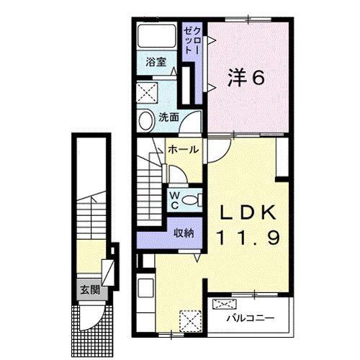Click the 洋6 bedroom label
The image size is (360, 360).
[x=247, y=77]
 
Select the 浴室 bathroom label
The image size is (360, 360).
[x=157, y=62]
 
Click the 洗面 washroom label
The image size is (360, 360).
[x=169, y=117]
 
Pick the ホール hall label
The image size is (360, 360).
[x=184, y=150]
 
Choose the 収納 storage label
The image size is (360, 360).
[x=184, y=233]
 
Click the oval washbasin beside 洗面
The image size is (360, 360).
[x=145, y=119]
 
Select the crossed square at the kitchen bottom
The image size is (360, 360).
[x=189, y=318]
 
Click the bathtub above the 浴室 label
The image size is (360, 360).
[x=157, y=37]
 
